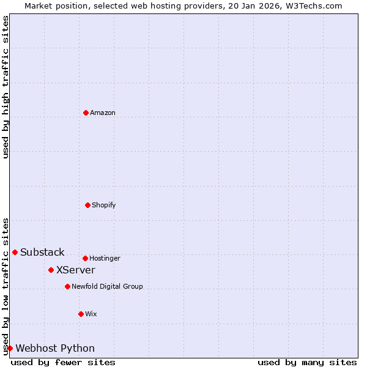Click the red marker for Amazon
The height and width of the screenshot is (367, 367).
pyautogui.click(x=86, y=113)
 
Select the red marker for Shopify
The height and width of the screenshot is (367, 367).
pyautogui.click(x=87, y=205)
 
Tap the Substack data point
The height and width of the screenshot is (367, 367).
pyautogui.click(x=15, y=252)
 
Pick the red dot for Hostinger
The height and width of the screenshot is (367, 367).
pyautogui.click(x=85, y=258)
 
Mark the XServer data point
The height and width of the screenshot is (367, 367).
pyautogui.click(x=51, y=270)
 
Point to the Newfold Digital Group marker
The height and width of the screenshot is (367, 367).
pyautogui.click(x=67, y=286)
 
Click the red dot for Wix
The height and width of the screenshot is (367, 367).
pyautogui.click(x=81, y=314)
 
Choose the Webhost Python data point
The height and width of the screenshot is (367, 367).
pyautogui.click(x=10, y=348)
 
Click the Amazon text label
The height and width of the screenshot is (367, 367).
pyautogui.click(x=103, y=113)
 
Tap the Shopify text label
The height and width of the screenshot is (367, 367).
pyautogui.click(x=104, y=205)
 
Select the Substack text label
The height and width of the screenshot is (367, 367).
pyautogui.click(x=42, y=253)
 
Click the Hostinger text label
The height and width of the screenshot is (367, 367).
pyautogui.click(x=105, y=258)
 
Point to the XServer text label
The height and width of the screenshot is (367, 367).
pyautogui.click(x=76, y=270)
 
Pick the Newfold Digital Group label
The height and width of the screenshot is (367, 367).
pyautogui.click(x=107, y=286)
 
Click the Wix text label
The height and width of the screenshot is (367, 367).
pyautogui.click(x=91, y=314)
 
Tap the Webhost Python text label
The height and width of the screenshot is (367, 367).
pyautogui.click(x=55, y=349)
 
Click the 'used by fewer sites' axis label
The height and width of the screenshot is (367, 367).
pyautogui.click(x=63, y=362)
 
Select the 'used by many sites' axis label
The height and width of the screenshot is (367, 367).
pyautogui.click(x=307, y=362)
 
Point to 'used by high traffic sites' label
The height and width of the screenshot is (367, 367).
pyautogui.click(x=6, y=87)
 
